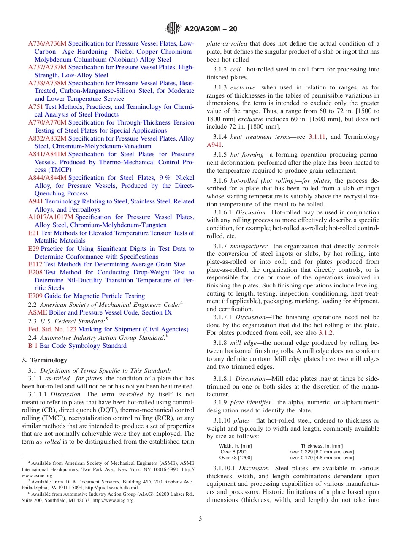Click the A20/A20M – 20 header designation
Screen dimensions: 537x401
[211, 29]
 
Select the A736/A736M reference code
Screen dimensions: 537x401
[47, 43]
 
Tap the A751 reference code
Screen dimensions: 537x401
[36, 107]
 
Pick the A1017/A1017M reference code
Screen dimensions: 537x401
[51, 217]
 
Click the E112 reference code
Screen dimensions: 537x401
[35, 264]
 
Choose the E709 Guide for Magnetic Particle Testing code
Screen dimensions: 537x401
[35, 296]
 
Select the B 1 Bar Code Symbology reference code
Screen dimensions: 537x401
[33, 346]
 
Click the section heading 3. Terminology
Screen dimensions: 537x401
[44, 360]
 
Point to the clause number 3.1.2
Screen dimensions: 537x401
[220, 69]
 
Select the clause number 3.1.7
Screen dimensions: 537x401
[220, 246]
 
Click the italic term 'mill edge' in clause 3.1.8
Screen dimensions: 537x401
[244, 343]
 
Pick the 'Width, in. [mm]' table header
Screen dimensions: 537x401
[235, 446]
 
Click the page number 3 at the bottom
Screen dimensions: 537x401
[200, 519]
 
